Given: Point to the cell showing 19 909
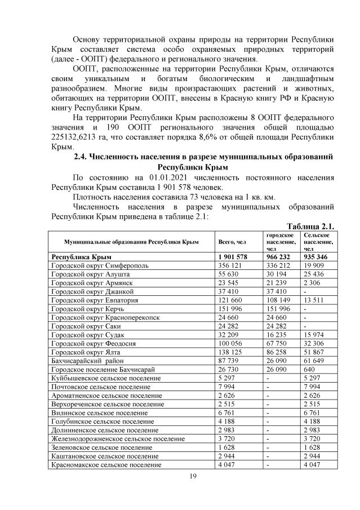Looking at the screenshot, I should pos(314,266).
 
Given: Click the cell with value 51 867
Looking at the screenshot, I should pos(314,351).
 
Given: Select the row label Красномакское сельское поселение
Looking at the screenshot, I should pos(106,465).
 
